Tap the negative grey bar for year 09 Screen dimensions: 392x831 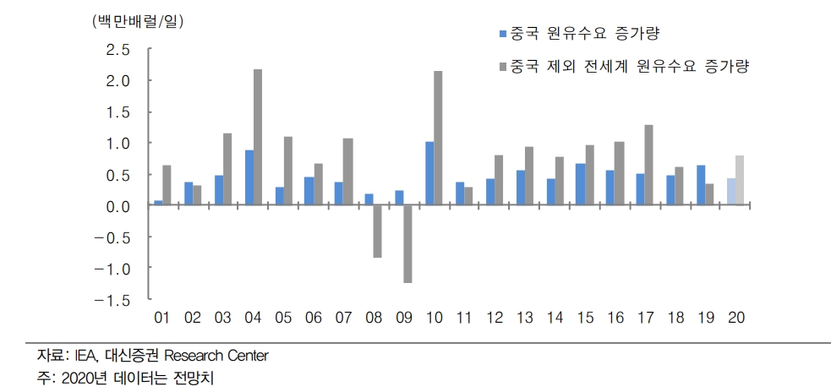(x=407, y=244)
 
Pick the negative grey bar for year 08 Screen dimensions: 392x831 (x=377, y=231)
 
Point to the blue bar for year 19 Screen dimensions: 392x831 (x=700, y=185)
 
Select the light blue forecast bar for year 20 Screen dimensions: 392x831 (x=730, y=192)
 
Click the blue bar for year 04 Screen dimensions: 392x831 (x=249, y=177)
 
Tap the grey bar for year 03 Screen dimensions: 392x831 (x=227, y=169)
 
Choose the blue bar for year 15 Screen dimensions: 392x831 (x=580, y=184)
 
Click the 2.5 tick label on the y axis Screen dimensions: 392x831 (x=118, y=50)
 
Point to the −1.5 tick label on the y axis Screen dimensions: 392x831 (x=112, y=300)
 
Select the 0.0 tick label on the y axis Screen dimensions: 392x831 (x=118, y=206)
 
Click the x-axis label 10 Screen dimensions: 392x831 (x=434, y=318)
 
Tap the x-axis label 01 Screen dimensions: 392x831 (x=162, y=318)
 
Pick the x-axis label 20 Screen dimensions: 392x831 (x=735, y=318)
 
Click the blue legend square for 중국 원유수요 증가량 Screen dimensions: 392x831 (x=503, y=35)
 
